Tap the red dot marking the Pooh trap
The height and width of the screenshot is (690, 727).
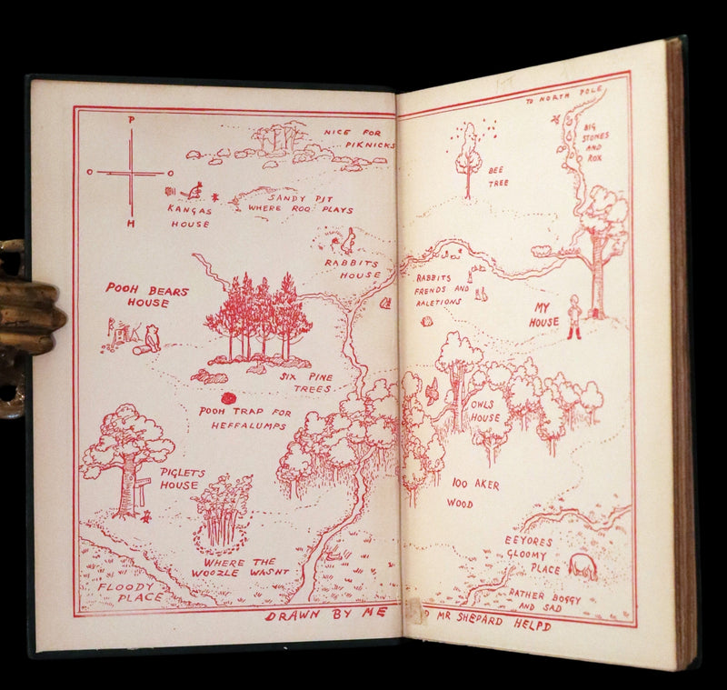228,397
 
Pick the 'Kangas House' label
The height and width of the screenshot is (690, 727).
189,216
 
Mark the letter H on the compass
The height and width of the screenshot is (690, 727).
131,223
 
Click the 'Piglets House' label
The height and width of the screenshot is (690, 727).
180,479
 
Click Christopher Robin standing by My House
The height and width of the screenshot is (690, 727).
574,318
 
